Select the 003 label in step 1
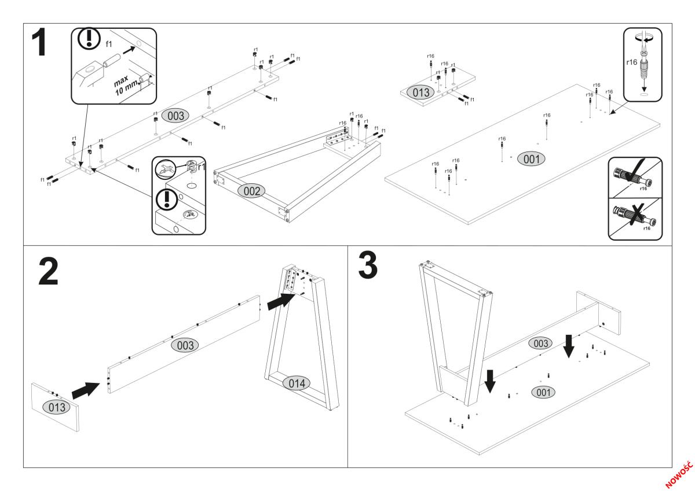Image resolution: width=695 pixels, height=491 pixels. (x=175, y=116)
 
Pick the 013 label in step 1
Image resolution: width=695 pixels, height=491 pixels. (x=418, y=92)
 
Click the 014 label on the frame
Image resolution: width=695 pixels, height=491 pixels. (x=295, y=383)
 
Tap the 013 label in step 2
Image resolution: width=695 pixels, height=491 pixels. (x=57, y=407)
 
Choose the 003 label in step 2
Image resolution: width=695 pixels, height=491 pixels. (x=185, y=345)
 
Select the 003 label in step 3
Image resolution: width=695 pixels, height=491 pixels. (x=540, y=344)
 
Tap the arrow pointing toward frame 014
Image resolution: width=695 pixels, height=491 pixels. (x=281, y=301)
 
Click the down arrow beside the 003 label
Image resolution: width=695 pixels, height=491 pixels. (x=569, y=345)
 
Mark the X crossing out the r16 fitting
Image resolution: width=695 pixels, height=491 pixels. (x=635, y=216)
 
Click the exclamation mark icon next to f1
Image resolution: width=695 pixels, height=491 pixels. (x=89, y=39)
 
